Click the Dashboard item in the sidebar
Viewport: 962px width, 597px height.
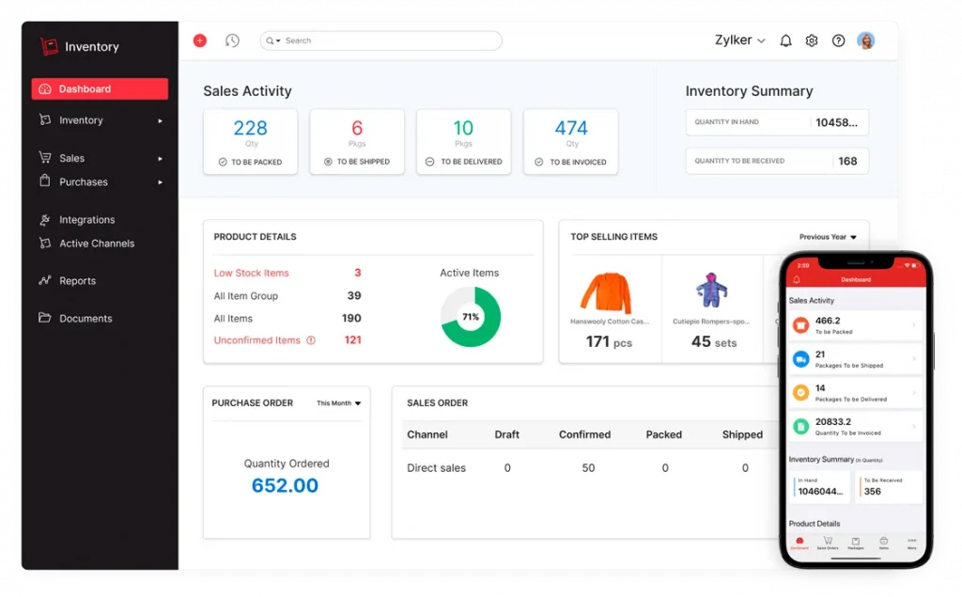pos(99,89)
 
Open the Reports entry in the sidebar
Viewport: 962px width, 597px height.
pos(77,281)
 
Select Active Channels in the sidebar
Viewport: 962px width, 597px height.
pos(96,244)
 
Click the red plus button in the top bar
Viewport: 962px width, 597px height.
pos(200,40)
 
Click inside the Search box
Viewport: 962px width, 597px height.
pos(385,40)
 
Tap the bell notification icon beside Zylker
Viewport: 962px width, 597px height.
pos(785,40)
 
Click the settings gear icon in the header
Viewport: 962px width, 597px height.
pos(812,40)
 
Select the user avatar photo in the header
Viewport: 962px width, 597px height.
pos(865,40)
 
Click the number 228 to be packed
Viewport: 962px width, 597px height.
pos(250,129)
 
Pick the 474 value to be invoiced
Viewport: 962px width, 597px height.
pos(571,129)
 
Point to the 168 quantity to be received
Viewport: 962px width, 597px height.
pos(847,161)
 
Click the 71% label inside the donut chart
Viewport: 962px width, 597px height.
pos(471,318)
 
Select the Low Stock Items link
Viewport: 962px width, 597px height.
pos(251,274)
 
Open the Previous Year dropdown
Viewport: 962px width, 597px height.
pos(828,237)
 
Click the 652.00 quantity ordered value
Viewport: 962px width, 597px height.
pos(285,486)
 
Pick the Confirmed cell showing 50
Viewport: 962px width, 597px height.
pos(588,468)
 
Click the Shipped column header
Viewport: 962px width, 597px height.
pos(742,434)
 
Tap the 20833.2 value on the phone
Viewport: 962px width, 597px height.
pos(833,423)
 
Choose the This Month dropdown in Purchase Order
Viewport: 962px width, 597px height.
pos(338,403)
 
